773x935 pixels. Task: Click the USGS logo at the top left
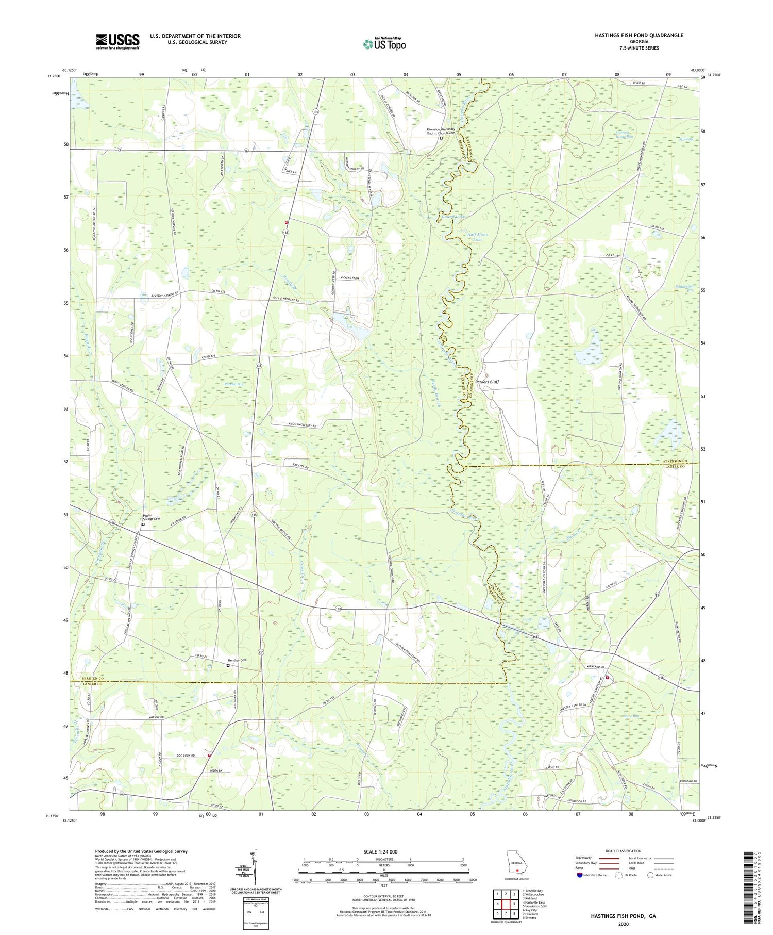117,41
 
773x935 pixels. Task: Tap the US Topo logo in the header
384,44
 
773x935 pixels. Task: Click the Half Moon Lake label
478,237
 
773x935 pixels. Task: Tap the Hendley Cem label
238,661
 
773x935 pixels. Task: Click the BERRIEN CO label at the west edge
82,678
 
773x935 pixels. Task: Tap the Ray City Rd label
300,466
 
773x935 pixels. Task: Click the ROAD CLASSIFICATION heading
624,851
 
